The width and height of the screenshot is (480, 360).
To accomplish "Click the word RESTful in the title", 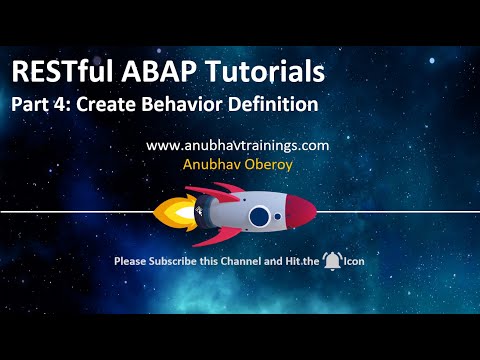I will coord(62,72).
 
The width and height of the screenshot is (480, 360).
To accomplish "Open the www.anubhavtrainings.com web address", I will coord(238,145).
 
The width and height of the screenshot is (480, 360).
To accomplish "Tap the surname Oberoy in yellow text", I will coord(268,164).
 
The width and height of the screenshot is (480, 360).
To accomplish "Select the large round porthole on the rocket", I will coord(259,215).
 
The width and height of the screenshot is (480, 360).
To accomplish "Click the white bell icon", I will coord(331,261).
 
